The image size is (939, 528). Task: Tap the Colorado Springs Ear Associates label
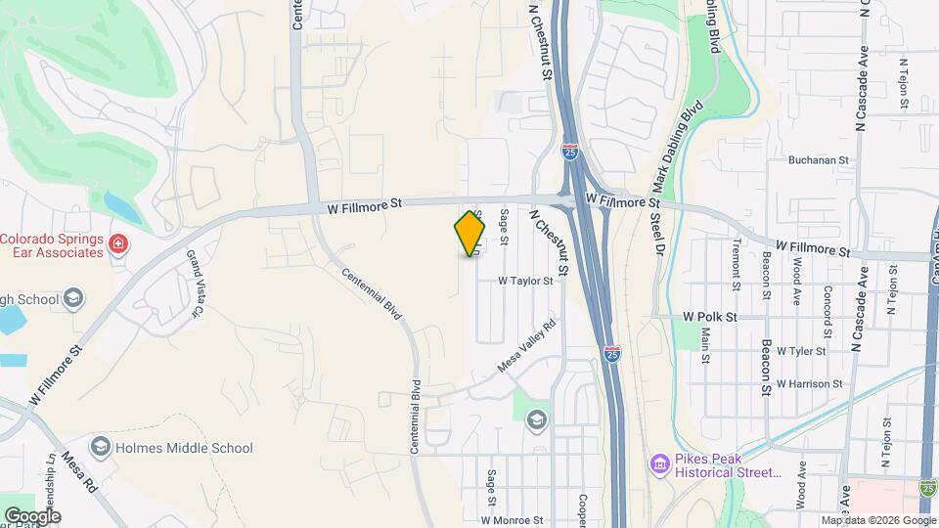pyautogui.click(x=52, y=245)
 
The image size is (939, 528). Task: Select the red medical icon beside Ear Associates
pyautogui.click(x=118, y=243)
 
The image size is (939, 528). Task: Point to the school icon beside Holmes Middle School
pyautogui.click(x=100, y=448)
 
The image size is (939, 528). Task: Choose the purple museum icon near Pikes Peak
pyautogui.click(x=660, y=462)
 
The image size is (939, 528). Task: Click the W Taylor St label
pyautogui.click(x=525, y=281)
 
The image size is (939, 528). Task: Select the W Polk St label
pyautogui.click(x=709, y=318)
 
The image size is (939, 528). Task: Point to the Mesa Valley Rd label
pyautogui.click(x=527, y=346)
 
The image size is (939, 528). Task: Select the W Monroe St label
pyautogui.click(x=511, y=520)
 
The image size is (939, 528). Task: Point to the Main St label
pyautogui.click(x=705, y=344)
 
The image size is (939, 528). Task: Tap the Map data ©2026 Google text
pyautogui.click(x=877, y=520)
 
